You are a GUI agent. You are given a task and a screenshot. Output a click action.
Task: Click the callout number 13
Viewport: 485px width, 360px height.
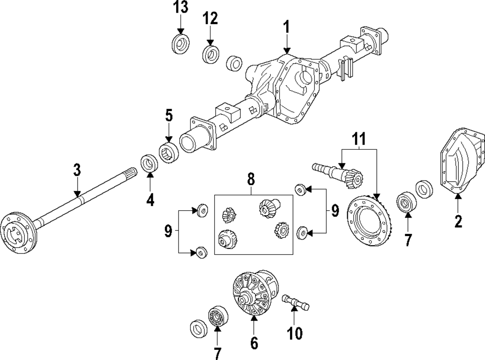click(180, 8)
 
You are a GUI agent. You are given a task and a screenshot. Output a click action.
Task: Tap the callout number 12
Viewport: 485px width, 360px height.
click(210, 18)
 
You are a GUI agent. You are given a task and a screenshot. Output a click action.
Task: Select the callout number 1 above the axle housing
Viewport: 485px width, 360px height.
click(287, 27)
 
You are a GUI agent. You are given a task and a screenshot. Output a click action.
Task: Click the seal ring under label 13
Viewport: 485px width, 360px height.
click(180, 43)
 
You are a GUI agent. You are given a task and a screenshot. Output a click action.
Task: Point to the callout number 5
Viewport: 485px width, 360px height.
click(169, 115)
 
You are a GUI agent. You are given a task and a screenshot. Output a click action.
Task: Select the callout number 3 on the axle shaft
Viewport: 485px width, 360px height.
click(77, 170)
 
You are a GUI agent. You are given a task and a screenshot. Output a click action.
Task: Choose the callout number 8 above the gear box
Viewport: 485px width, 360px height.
click(251, 179)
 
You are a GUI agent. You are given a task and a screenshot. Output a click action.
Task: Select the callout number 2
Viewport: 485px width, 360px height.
click(458, 221)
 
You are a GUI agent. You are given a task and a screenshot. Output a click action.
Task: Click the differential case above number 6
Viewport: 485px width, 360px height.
click(254, 294)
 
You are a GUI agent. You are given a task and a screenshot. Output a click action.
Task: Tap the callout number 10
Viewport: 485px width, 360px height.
click(295, 333)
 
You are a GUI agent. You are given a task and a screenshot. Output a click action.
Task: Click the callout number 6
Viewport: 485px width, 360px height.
click(254, 343)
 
